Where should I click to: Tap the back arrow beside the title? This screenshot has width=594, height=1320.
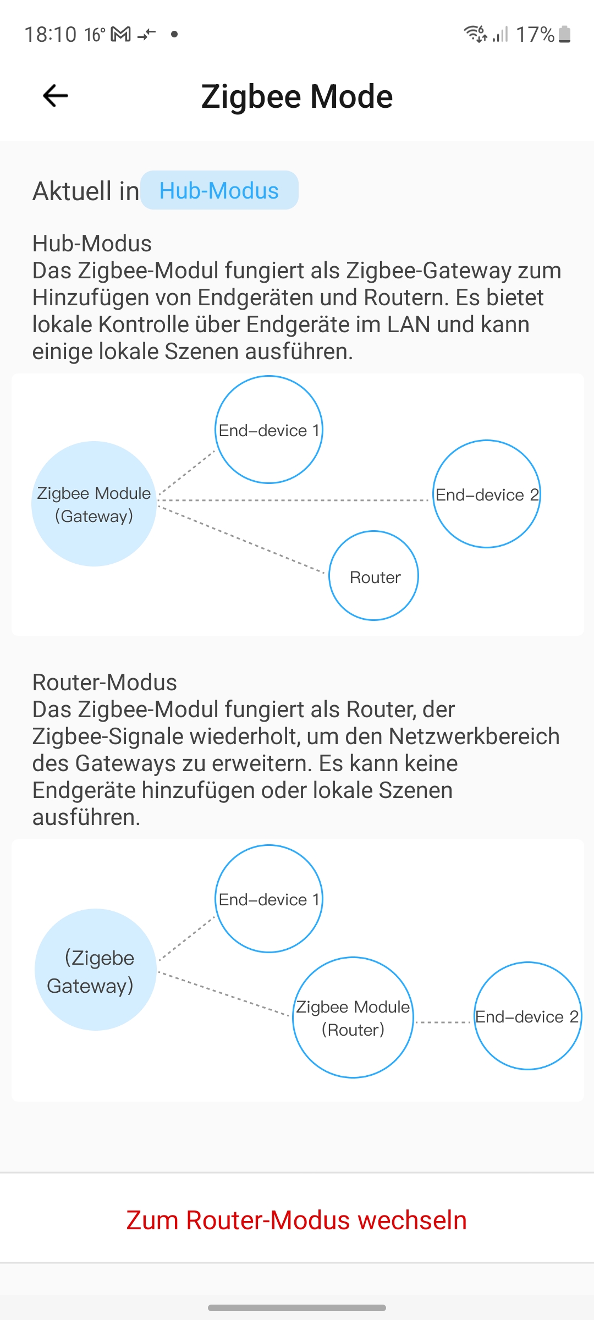point(56,96)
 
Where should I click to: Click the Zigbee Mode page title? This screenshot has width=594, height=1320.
point(297,97)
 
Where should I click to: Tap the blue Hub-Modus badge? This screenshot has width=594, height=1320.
point(219,190)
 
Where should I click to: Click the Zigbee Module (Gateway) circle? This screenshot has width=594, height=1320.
point(94,504)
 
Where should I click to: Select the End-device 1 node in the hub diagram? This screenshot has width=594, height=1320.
point(268,430)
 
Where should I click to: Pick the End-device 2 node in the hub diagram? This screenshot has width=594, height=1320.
point(486,494)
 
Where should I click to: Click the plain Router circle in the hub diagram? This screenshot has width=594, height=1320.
point(374,576)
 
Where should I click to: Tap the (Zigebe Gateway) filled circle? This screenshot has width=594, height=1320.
point(95,970)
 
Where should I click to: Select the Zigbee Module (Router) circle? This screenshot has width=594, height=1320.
point(353,1018)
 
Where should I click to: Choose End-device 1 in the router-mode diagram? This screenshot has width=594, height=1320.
point(268,899)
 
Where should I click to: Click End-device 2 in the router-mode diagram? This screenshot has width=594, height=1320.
point(527,1016)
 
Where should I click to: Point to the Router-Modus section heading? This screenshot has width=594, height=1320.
point(105,683)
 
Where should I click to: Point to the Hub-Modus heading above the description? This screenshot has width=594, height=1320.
point(92,244)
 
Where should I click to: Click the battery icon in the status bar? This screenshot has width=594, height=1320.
point(564,34)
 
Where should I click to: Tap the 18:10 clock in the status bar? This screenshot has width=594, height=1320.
point(50,35)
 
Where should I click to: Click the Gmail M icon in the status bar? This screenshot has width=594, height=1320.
point(121,35)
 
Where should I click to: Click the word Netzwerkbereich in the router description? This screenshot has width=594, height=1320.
point(474,736)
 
